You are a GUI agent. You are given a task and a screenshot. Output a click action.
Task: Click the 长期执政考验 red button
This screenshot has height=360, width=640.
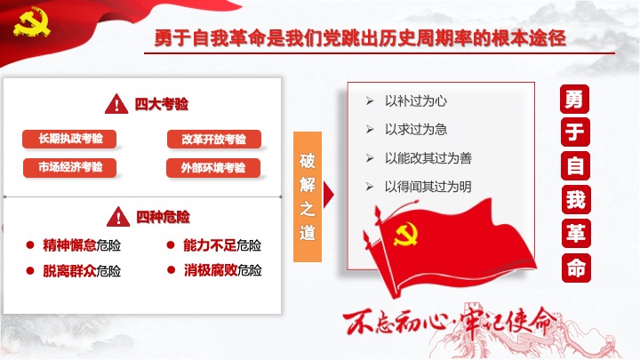69,139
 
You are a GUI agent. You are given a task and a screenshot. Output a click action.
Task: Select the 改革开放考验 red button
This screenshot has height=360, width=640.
214,140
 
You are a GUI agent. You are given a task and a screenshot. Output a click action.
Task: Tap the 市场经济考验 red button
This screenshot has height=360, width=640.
70,167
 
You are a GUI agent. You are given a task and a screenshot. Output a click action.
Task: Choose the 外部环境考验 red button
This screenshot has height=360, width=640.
213,168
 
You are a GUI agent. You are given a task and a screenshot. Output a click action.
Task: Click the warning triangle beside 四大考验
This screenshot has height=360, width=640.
116,104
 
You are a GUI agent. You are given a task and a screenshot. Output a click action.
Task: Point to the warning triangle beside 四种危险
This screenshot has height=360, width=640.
118,217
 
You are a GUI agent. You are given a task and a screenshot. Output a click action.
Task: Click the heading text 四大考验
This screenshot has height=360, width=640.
162,104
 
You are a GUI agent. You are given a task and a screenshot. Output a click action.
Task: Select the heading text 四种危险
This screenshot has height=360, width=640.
163,217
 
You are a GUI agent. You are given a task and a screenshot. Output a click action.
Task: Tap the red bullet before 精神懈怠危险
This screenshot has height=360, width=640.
30,245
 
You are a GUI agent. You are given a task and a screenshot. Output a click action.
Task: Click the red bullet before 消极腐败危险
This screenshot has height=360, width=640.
171,270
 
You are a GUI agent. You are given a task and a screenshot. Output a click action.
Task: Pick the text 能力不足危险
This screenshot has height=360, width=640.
222,245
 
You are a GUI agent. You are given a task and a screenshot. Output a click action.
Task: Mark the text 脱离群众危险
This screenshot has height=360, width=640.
82,270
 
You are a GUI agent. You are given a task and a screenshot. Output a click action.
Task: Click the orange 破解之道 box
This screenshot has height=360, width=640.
308,196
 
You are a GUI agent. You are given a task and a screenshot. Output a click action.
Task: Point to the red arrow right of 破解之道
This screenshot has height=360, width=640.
329,195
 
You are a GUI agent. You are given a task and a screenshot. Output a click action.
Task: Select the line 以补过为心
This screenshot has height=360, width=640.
416,100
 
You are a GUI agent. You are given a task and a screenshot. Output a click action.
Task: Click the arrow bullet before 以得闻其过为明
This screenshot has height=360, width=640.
370,187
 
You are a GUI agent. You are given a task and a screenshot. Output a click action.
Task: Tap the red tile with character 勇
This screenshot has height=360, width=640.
575,100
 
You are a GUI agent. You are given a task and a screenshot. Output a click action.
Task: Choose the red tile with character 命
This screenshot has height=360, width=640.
576,268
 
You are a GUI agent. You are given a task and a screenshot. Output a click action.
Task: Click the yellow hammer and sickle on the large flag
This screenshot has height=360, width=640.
405,234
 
